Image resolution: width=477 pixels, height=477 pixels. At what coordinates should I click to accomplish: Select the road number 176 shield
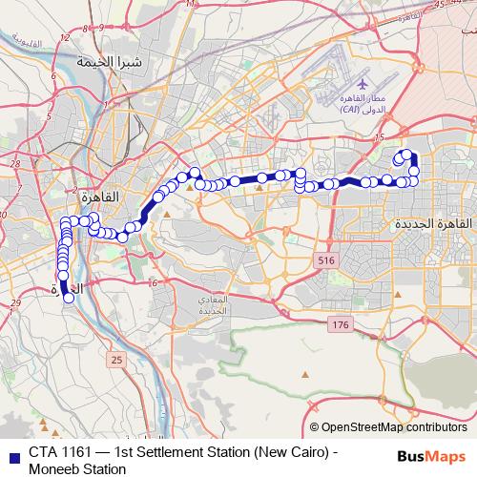341,326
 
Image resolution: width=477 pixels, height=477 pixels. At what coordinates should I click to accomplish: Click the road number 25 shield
117,360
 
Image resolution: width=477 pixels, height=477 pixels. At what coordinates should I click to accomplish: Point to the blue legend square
13,453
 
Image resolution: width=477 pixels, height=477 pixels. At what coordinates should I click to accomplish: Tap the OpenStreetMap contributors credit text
393,428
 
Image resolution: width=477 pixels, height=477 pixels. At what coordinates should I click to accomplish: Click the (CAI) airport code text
357,111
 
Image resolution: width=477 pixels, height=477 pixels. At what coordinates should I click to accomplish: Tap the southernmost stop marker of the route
69,298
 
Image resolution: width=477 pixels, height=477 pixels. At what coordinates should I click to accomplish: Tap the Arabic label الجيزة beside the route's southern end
71,286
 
